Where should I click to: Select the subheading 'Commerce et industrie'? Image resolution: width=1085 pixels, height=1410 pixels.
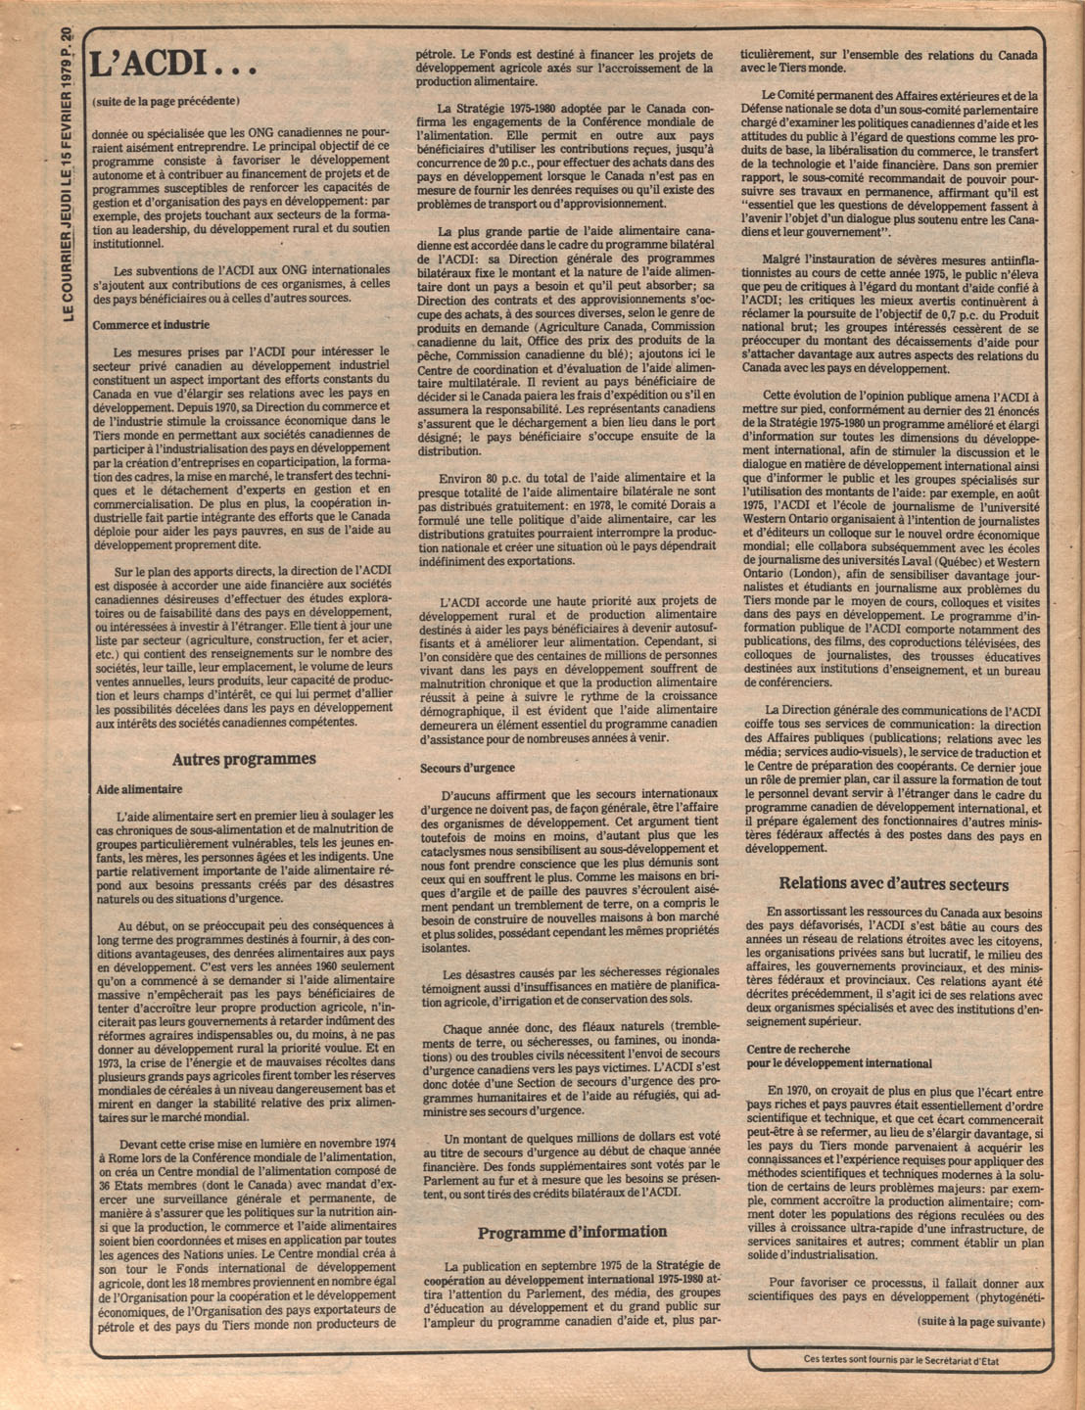tap(151, 325)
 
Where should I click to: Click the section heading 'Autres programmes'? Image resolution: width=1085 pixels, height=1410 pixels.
tap(244, 759)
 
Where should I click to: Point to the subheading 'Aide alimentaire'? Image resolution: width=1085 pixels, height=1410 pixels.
tap(139, 788)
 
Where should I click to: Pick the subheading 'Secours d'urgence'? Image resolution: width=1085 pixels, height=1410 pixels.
tap(467, 768)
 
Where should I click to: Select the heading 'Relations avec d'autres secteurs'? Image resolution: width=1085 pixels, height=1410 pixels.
tap(894, 884)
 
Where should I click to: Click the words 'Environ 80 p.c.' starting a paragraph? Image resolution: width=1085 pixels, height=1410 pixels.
tap(486, 478)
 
